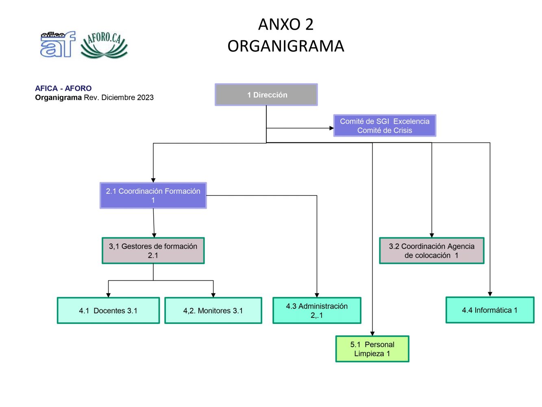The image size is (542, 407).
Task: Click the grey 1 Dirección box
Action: coord(266,95)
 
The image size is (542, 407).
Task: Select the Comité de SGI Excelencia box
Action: coord(385,125)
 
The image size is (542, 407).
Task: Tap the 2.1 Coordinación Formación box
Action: coord(153,195)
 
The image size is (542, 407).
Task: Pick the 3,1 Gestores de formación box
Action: coord(153,251)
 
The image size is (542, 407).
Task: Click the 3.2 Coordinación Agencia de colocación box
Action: coord(431,251)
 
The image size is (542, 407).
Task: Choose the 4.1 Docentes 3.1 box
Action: coord(108,311)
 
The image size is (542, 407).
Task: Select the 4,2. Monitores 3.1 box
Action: coord(213,311)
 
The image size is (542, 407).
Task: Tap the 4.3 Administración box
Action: coord(317,311)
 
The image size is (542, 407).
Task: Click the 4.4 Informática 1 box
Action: coord(490,310)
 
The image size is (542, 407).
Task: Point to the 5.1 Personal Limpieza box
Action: coord(372,349)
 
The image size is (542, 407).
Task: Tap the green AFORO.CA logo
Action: coord(104,45)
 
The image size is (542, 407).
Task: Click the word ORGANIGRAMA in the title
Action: coord(286,46)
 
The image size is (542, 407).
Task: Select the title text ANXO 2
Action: coord(286,24)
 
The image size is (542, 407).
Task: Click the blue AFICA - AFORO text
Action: coord(63,88)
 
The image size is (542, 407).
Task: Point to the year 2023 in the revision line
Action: coord(145,98)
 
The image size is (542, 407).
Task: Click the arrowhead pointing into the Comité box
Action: coord(331,128)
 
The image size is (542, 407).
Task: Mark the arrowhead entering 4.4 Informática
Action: coord(490,294)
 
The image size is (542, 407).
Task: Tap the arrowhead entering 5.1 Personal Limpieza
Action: coord(372,333)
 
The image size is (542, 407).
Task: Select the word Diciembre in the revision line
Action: coord(118,98)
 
